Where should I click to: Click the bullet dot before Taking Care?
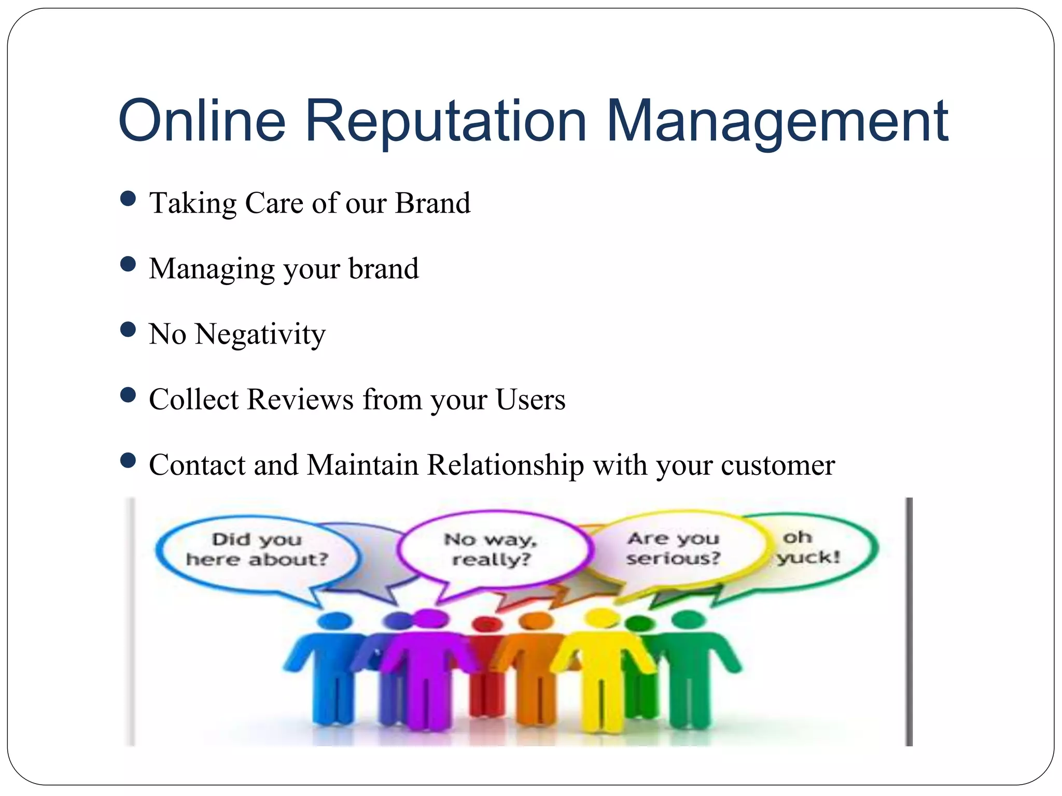pyautogui.click(x=128, y=198)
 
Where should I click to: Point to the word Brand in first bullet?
pyautogui.click(x=432, y=203)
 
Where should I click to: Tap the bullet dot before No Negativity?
pyautogui.click(x=128, y=330)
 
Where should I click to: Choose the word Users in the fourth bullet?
pyautogui.click(x=530, y=400)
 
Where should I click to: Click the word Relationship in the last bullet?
pyautogui.click(x=505, y=465)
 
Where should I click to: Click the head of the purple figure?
pyautogui.click(x=429, y=618)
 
